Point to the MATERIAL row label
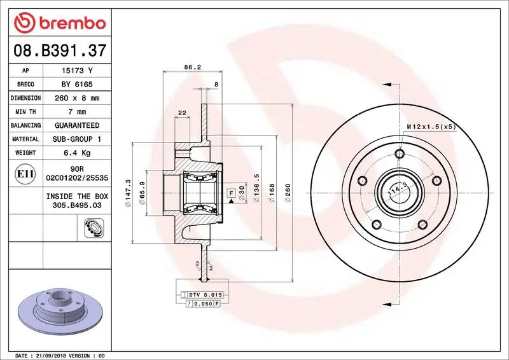(25, 139)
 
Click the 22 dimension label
(182, 113)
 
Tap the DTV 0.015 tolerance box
(202, 295)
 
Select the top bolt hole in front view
(400, 154)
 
